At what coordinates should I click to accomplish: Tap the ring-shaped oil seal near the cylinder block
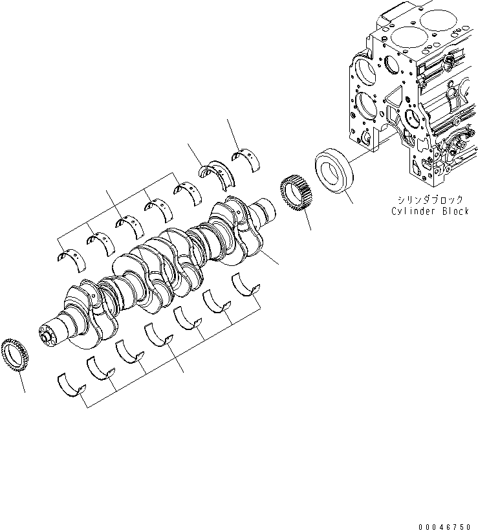coord(334,171)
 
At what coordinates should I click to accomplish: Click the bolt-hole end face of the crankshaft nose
coord(46,336)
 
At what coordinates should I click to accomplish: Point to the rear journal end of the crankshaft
coord(266,212)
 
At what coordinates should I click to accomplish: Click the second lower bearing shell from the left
coord(100,367)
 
